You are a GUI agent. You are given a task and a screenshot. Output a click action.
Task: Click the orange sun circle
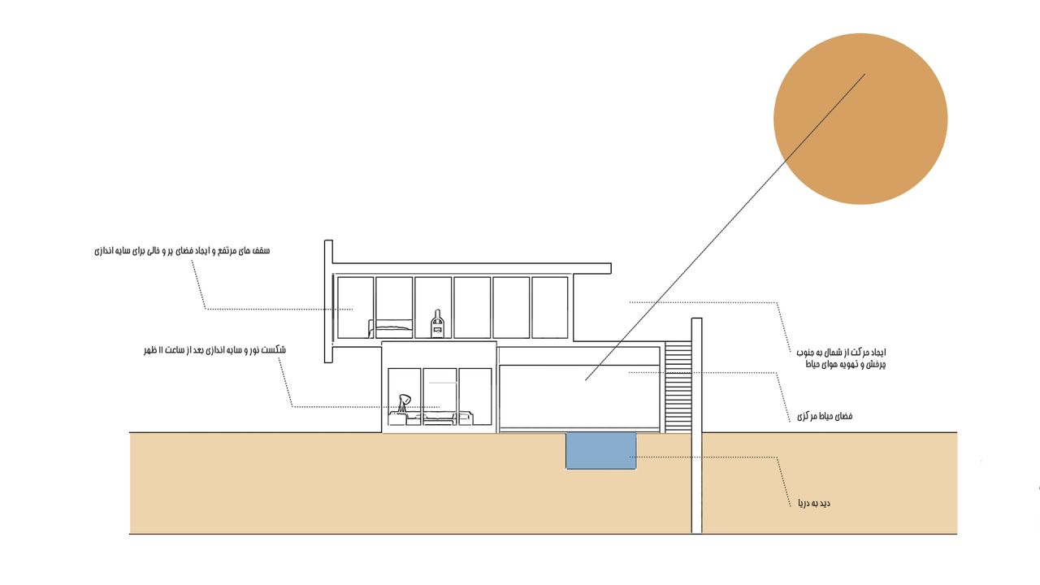point(860,119)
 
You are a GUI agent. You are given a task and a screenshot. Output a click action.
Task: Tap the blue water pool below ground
point(600,450)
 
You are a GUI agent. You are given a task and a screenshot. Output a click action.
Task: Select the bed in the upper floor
point(390,328)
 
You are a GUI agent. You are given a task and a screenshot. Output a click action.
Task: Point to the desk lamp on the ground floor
point(404,403)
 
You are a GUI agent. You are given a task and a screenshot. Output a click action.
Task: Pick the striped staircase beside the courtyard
point(678,388)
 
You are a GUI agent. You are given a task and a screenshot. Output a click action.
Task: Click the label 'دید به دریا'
point(814,503)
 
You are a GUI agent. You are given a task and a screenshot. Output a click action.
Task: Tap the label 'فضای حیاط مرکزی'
point(825,416)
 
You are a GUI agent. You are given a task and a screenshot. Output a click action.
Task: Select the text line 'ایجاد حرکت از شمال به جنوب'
point(841,353)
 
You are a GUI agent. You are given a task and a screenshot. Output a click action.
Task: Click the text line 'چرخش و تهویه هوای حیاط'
point(846,365)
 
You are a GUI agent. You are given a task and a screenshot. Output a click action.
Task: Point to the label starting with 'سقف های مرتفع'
point(182,251)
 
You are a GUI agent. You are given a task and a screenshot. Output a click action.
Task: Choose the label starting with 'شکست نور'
point(214,349)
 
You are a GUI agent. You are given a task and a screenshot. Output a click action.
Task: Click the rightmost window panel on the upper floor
point(550,307)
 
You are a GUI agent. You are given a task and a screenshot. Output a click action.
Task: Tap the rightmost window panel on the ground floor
point(475,396)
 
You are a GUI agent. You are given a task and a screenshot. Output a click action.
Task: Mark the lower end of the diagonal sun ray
point(586,380)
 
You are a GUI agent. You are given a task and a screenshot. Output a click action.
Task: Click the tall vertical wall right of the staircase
point(696,425)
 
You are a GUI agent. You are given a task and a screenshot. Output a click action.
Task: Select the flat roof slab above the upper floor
point(472,268)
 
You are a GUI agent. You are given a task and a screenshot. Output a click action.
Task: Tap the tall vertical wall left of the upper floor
point(328,301)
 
